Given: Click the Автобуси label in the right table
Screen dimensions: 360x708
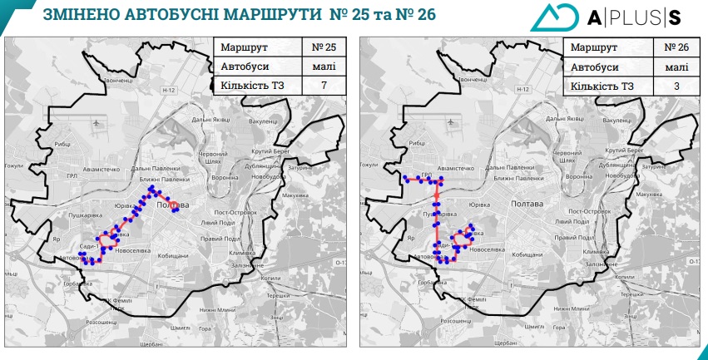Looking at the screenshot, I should coord(596,67).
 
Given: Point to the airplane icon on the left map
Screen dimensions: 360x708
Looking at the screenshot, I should coord(99,123).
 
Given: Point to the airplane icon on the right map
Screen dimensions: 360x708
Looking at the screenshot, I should coord(451,123).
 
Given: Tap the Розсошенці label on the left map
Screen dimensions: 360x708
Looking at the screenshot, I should coord(101,321).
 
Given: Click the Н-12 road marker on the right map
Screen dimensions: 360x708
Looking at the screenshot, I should coord(522,89).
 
